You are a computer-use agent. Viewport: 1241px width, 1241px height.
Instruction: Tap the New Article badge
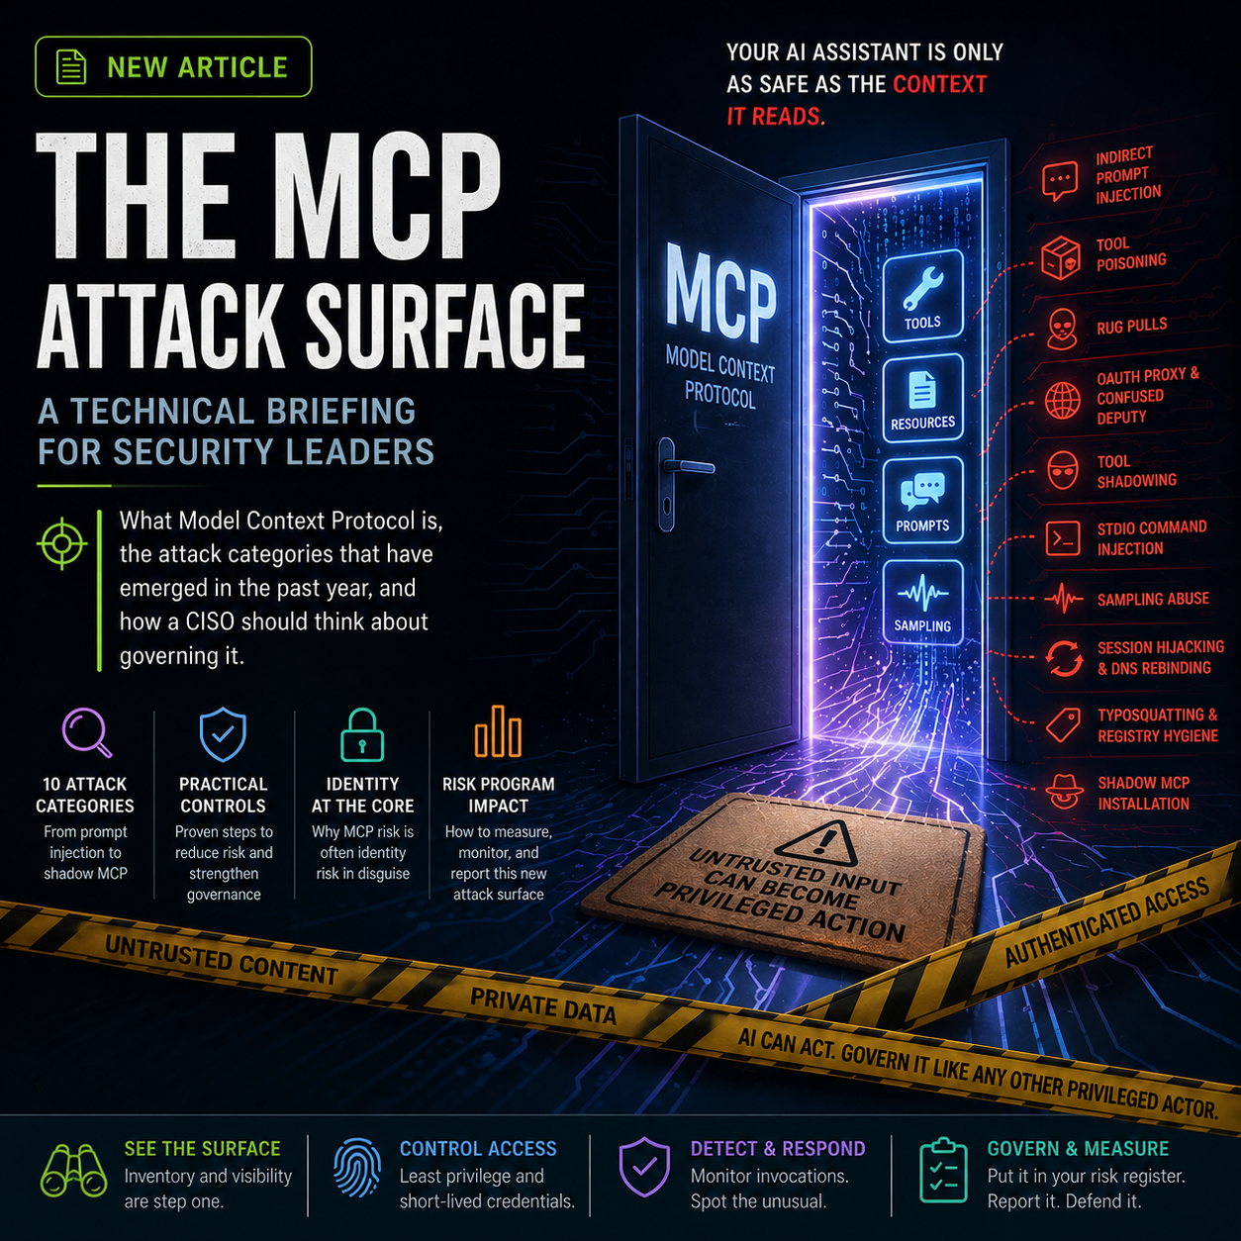[x=173, y=67]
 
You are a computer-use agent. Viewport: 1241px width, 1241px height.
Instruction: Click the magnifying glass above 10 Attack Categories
[x=86, y=732]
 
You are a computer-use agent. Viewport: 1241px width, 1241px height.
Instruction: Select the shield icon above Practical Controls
[x=223, y=733]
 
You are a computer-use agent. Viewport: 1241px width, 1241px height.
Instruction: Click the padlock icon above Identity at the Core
[x=362, y=734]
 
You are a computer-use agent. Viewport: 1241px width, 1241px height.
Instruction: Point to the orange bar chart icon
[x=498, y=732]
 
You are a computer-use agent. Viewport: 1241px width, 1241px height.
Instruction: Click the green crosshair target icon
[x=61, y=542]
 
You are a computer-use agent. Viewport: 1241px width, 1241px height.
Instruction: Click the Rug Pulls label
[x=1131, y=326]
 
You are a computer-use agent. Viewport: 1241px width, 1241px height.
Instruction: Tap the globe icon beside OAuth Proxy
[x=1062, y=401]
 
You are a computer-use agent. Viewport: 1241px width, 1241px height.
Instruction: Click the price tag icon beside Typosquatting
[x=1063, y=725]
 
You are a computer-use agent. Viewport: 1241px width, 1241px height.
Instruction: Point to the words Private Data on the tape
[x=543, y=1005]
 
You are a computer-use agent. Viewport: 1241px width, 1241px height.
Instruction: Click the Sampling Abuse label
[x=1153, y=599]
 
